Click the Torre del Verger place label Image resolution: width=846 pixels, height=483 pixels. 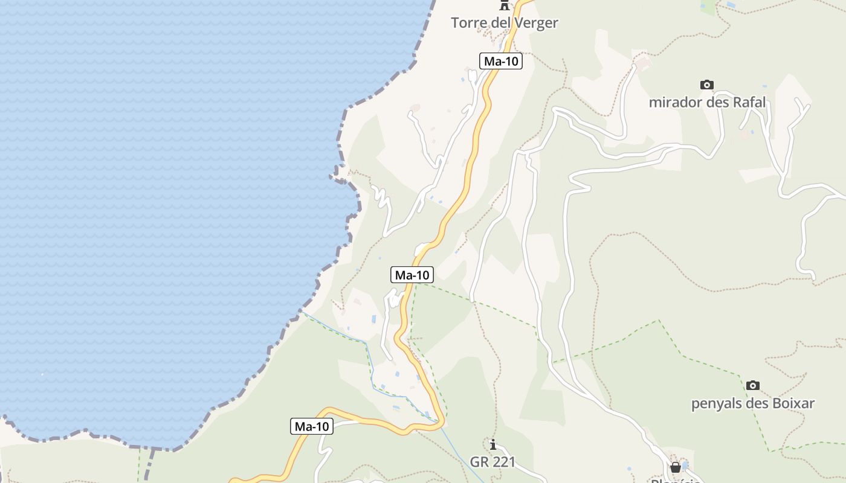click(x=504, y=23)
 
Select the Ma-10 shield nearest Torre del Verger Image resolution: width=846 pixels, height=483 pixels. click(x=501, y=61)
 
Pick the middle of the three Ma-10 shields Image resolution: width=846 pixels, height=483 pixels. click(x=412, y=275)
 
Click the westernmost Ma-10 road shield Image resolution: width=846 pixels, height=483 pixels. click(x=311, y=426)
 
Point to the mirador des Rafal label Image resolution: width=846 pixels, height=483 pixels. click(x=707, y=102)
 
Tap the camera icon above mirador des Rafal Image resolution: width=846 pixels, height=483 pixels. click(x=706, y=85)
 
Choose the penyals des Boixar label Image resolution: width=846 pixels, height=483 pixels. click(x=753, y=403)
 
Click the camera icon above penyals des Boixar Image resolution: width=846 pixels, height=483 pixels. click(x=752, y=385)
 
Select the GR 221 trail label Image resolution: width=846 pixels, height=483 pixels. click(x=492, y=462)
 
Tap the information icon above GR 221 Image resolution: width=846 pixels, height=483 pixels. click(x=493, y=445)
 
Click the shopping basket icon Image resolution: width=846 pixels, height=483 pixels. click(x=676, y=467)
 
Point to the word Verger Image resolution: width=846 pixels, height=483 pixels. click(x=537, y=23)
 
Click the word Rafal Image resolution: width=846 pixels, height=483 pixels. click(x=748, y=102)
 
